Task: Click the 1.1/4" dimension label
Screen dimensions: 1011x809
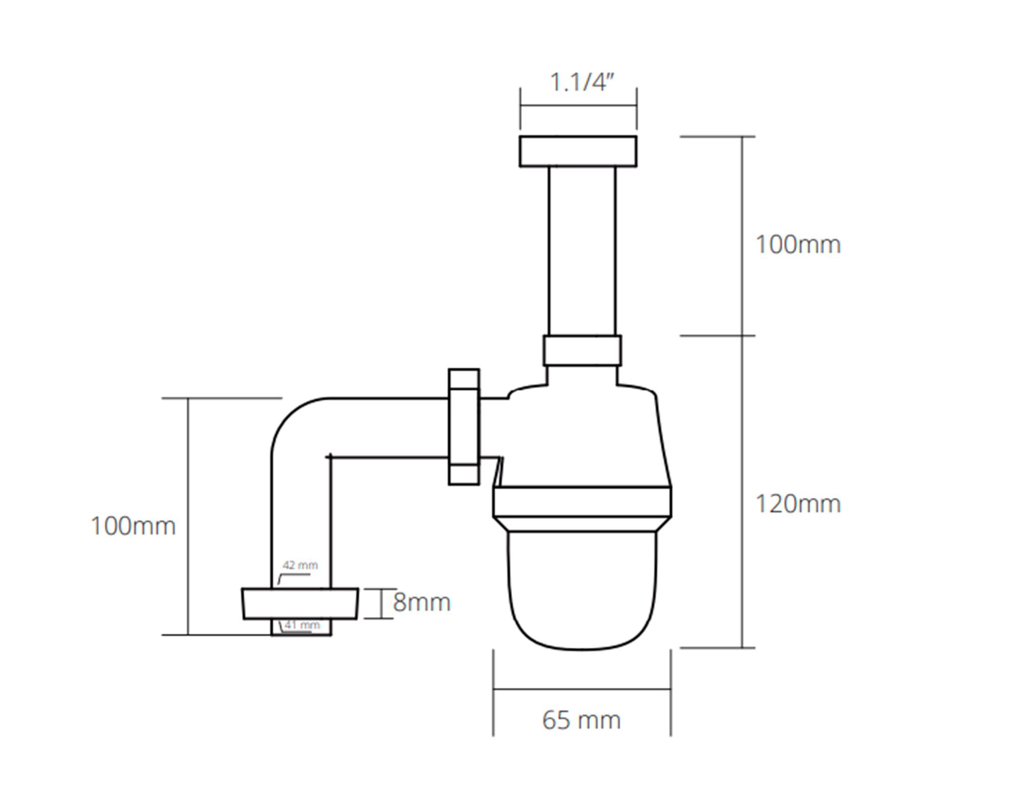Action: click(581, 82)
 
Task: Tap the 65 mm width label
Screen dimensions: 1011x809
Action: click(581, 720)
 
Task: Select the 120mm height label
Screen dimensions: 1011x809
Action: click(798, 504)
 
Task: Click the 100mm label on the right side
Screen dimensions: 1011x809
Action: click(798, 245)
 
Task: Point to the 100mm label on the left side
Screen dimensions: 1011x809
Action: click(133, 526)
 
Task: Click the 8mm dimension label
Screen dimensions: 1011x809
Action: click(422, 602)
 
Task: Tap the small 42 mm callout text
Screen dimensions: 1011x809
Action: click(300, 565)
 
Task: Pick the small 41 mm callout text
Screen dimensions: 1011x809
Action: click(302, 625)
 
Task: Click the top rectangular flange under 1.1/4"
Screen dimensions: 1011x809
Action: click(578, 151)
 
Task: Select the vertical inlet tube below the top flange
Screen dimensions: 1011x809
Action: click(582, 251)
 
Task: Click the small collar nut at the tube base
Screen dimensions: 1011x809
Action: click(582, 350)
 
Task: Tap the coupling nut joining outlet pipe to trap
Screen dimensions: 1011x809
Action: click(464, 427)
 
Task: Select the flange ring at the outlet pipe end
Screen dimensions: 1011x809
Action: click(300, 603)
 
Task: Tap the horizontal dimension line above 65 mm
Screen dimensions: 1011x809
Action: click(582, 689)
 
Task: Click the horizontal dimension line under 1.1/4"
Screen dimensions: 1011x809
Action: click(578, 106)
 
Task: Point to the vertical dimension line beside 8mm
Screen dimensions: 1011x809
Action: click(380, 603)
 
